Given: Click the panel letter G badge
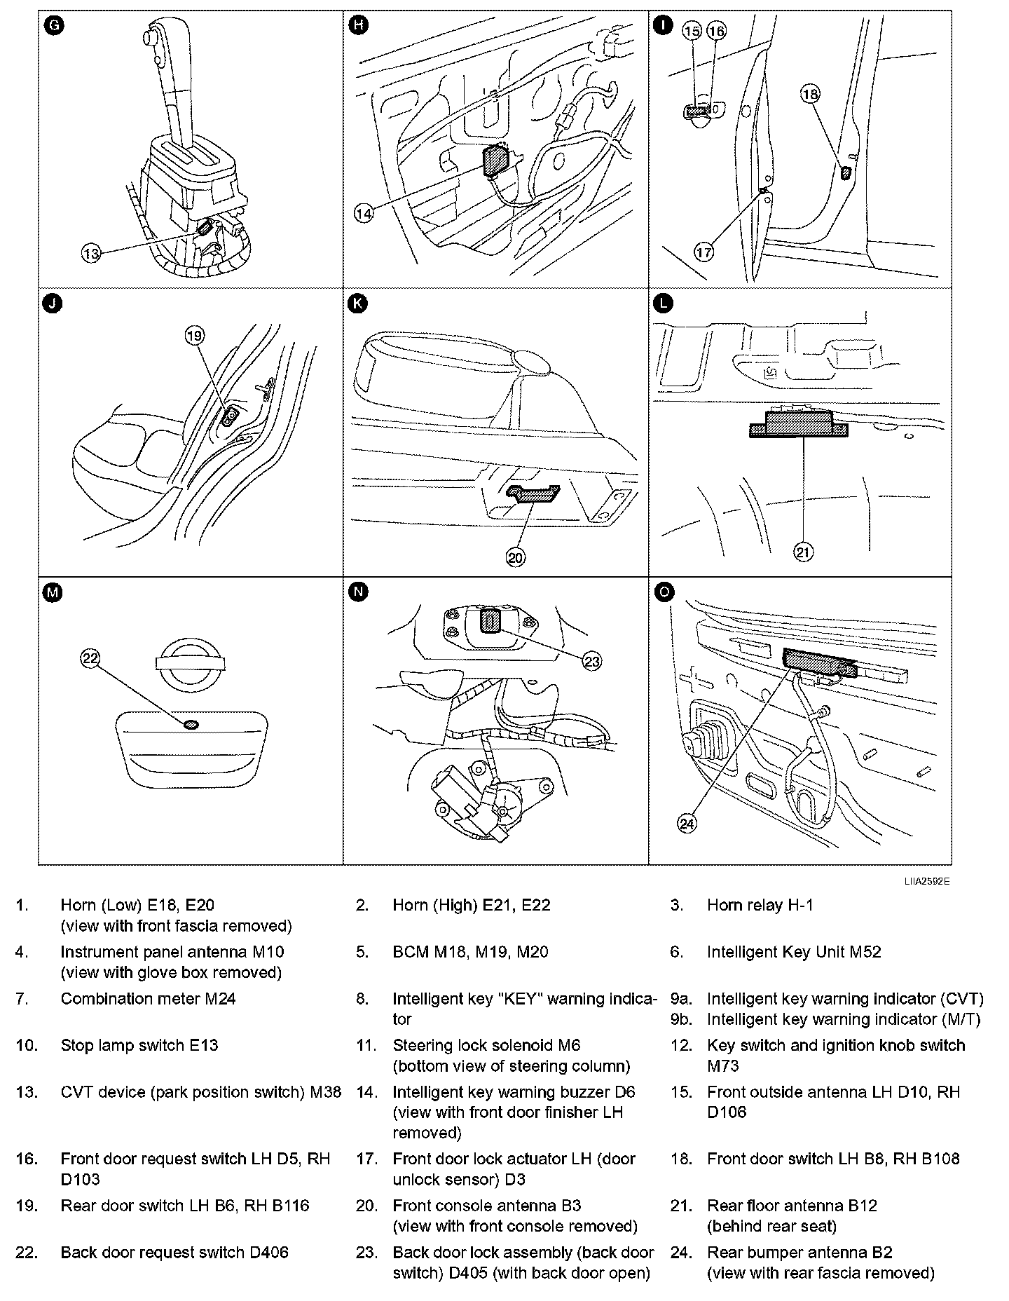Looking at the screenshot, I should (x=53, y=26).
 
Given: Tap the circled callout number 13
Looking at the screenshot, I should (x=91, y=253).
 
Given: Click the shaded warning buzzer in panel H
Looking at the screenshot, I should (x=497, y=161).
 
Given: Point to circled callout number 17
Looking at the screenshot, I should (x=704, y=252).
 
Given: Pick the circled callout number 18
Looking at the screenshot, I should (x=810, y=94).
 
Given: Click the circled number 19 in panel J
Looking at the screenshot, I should (x=194, y=336).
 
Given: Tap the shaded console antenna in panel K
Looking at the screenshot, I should (x=535, y=494).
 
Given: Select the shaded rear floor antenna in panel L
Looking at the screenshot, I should (x=798, y=425).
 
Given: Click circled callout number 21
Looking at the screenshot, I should (x=803, y=552).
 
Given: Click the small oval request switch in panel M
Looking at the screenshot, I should (x=191, y=724).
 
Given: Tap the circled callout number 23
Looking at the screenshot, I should (x=592, y=661).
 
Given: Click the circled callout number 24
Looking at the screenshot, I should (x=687, y=824).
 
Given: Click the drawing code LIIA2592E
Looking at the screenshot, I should (x=926, y=881).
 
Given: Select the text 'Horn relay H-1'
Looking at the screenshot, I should (x=760, y=905).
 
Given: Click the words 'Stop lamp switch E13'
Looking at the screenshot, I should (x=139, y=1046).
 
